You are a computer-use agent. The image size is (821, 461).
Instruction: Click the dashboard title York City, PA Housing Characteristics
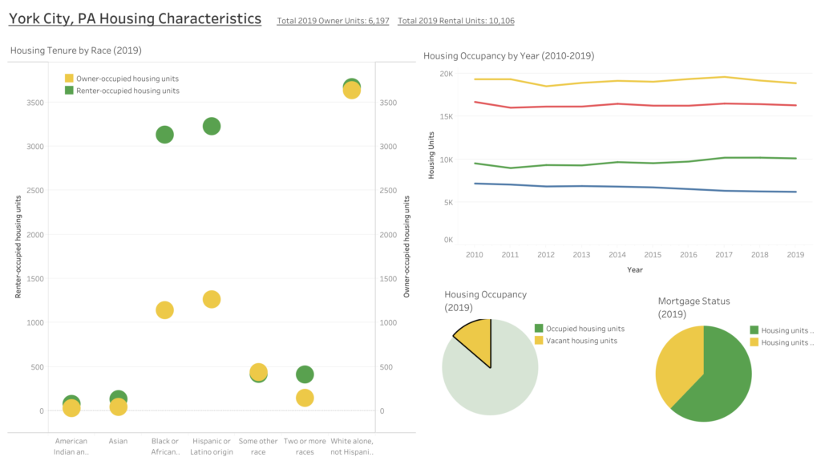[135, 18]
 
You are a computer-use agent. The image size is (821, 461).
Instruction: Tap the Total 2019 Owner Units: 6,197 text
[333, 21]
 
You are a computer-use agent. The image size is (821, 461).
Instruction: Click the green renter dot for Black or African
[164, 135]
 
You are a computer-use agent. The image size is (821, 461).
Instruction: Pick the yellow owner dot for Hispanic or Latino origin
[212, 299]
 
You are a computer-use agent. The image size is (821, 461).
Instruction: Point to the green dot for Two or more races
[305, 374]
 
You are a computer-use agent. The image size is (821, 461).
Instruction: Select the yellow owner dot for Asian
[118, 407]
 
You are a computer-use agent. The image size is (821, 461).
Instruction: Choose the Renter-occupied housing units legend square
[69, 91]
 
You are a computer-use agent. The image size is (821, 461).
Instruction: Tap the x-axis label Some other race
[258, 446]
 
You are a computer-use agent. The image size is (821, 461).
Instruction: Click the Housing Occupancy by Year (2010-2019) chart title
[508, 56]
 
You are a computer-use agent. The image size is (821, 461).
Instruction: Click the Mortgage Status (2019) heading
[694, 308]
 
